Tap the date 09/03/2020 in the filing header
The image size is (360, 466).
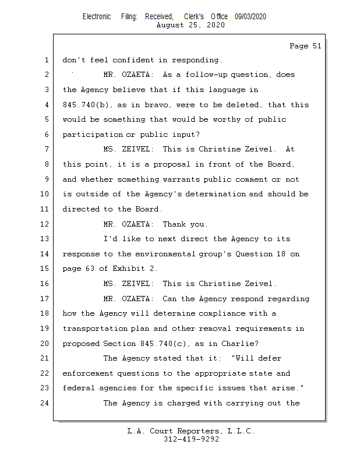(x=250, y=17)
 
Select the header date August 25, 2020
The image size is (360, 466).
(x=191, y=25)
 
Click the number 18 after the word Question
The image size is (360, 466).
(x=278, y=254)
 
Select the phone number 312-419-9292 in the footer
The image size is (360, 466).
(x=191, y=440)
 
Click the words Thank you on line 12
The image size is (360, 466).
(x=185, y=224)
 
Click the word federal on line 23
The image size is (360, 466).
(x=78, y=388)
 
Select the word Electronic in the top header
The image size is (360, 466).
(x=97, y=17)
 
